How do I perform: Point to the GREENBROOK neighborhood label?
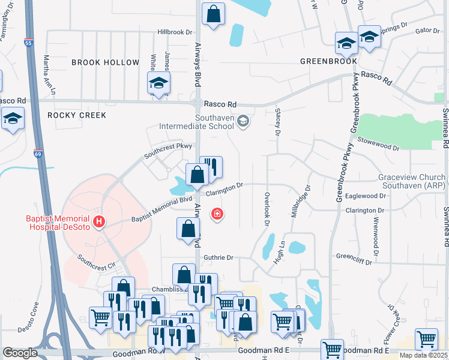point(329,61)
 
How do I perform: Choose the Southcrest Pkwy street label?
point(167,149)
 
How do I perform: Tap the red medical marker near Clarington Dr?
point(217,214)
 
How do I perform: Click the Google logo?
point(20,353)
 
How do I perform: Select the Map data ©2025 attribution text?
point(424,355)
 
